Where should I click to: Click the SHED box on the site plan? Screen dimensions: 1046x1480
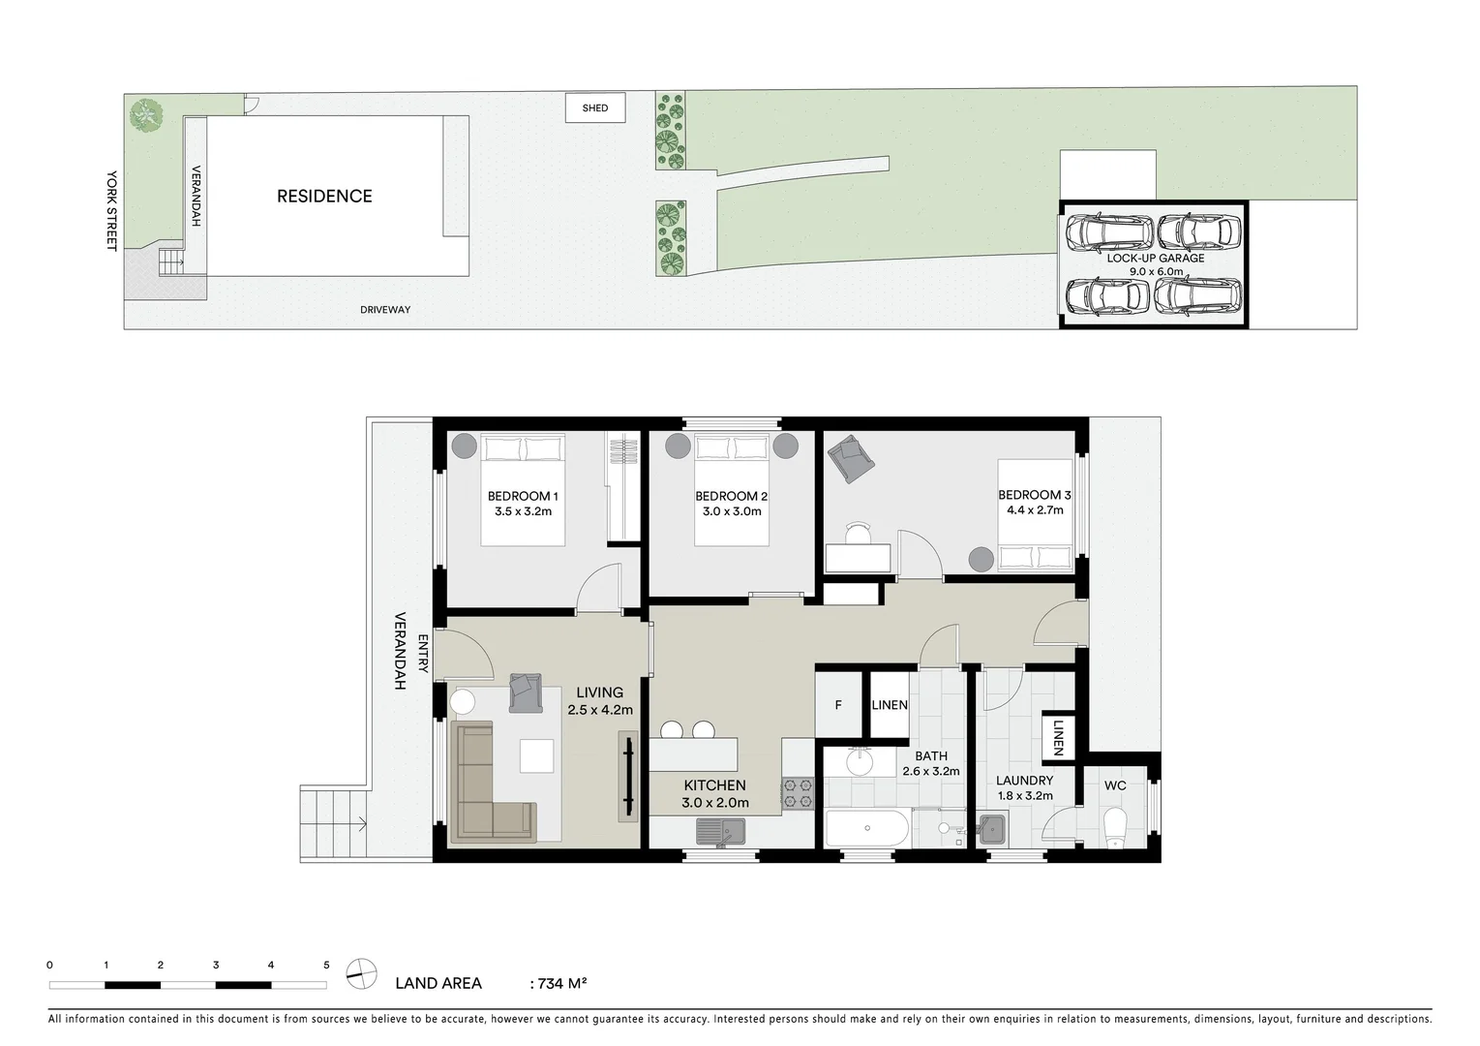click(x=595, y=108)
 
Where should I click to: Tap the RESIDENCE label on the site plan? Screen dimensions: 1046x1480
click(x=324, y=196)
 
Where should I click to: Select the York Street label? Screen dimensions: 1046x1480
click(x=111, y=210)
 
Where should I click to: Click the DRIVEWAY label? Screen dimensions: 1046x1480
click(x=385, y=310)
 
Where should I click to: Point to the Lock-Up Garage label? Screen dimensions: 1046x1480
click(x=1156, y=259)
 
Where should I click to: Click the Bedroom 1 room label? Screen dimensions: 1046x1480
click(x=523, y=496)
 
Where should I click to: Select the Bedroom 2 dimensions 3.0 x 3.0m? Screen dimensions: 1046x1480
click(x=732, y=511)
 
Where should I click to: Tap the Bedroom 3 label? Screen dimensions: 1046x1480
click(x=1034, y=495)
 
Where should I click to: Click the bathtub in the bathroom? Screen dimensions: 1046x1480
click(x=867, y=829)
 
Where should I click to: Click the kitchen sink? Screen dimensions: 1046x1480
click(x=720, y=830)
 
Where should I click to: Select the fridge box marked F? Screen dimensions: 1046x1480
click(x=838, y=705)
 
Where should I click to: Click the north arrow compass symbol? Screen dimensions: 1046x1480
click(x=362, y=973)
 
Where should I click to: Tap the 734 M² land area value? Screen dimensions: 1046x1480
click(x=559, y=983)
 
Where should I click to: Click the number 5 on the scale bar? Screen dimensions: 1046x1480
click(x=326, y=965)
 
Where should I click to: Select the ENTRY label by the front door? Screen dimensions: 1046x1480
click(x=423, y=653)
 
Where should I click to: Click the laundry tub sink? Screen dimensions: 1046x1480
click(x=992, y=829)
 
